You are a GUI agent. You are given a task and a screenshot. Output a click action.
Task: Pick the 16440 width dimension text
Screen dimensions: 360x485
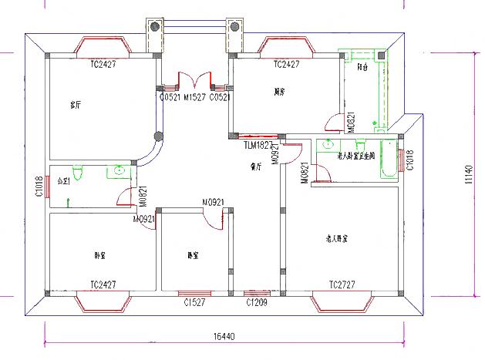tap(224, 336)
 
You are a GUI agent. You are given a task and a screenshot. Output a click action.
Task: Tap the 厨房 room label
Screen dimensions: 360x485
tap(280, 93)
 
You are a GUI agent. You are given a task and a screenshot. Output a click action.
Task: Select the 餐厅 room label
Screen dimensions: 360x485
tap(256, 166)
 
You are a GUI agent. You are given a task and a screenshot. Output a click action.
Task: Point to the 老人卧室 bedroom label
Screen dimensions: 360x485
tap(336, 239)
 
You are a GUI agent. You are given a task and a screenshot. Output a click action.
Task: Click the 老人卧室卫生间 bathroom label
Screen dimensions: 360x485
tap(355, 156)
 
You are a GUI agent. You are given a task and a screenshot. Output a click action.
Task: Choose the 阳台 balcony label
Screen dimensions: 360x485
tap(362, 67)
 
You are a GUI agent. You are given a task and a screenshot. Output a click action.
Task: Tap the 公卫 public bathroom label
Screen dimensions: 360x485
tap(63, 183)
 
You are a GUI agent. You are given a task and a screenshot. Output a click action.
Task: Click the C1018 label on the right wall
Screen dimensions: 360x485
tap(409, 160)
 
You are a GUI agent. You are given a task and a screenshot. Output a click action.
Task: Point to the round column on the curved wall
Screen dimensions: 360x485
tap(160, 137)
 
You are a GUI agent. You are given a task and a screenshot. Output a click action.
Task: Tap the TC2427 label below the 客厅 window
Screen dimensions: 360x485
tap(103, 65)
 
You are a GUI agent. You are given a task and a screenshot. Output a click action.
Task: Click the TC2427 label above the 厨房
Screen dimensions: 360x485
tap(286, 65)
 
